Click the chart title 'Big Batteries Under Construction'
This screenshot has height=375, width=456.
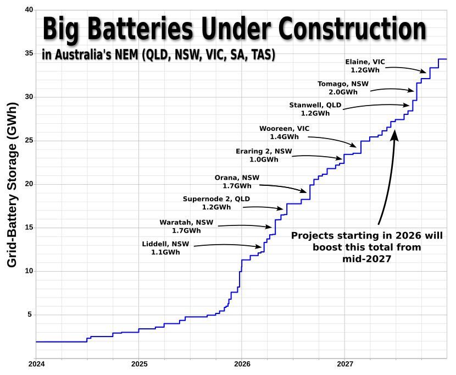point(234,30)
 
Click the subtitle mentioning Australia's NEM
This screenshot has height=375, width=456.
point(158,56)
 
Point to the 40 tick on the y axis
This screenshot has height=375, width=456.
point(29,10)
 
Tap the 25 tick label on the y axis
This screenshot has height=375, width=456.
point(29,141)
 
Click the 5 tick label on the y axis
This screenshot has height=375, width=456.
point(30,315)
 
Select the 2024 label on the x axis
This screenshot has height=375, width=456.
point(36,363)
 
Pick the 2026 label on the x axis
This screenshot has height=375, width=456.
point(242,363)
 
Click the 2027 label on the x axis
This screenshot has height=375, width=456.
point(344,363)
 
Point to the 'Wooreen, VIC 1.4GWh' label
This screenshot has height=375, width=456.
point(285,133)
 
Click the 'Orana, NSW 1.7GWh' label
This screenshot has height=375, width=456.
point(237,182)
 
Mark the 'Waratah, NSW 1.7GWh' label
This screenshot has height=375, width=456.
point(186,227)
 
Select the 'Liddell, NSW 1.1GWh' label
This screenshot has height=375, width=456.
point(165,248)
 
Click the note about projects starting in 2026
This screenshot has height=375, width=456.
point(366,247)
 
